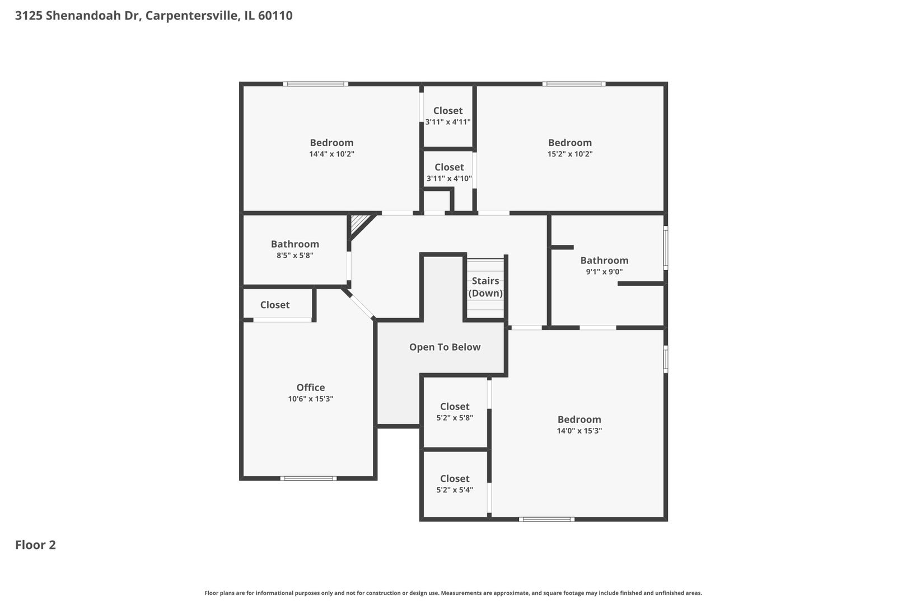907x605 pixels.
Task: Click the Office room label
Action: point(310,388)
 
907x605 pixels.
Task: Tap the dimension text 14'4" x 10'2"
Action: point(331,154)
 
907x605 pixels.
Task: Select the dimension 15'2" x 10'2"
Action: point(569,154)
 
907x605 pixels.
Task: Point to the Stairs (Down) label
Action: point(485,287)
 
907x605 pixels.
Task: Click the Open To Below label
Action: point(445,347)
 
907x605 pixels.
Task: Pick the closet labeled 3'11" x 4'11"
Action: point(447,116)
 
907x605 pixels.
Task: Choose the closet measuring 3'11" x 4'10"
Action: point(449,173)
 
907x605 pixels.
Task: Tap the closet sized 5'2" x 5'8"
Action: point(455,412)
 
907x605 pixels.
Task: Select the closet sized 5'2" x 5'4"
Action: point(455,484)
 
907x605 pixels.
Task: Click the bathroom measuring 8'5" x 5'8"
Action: point(294,249)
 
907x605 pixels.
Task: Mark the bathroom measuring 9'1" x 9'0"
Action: point(604,266)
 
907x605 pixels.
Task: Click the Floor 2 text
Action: point(35,545)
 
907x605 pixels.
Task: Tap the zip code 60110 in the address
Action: point(275,16)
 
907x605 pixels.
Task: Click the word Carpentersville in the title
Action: point(193,16)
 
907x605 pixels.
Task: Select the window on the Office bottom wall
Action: point(308,478)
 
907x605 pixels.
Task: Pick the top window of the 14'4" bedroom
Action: point(315,84)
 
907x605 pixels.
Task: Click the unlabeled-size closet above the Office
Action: point(275,305)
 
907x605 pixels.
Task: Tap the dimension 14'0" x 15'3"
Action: point(579,431)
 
